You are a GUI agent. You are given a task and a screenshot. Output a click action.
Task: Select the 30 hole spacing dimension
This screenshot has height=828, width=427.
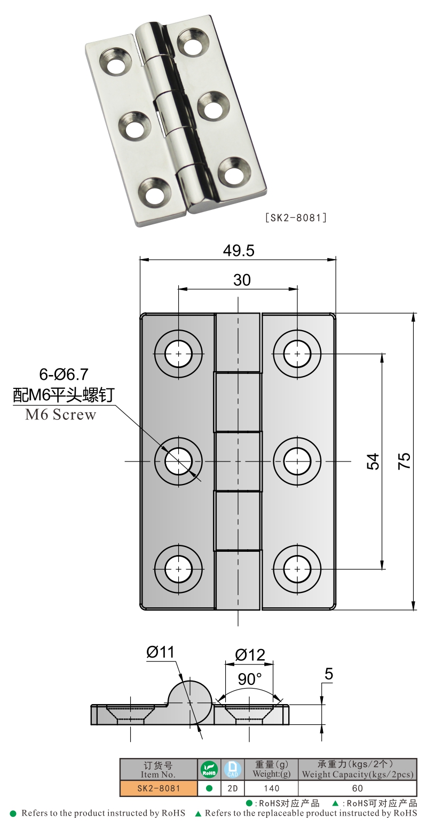[x=242, y=280]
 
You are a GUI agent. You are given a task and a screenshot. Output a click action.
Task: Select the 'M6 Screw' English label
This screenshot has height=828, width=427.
[x=60, y=415]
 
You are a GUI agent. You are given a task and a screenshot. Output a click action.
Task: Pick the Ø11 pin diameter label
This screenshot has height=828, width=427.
[x=160, y=652]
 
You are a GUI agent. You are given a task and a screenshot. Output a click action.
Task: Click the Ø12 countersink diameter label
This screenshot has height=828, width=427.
[x=250, y=654]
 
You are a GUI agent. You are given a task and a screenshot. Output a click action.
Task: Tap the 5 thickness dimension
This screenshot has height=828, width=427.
[x=329, y=675]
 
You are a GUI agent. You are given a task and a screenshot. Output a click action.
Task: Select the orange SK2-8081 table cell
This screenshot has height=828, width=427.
[x=158, y=788]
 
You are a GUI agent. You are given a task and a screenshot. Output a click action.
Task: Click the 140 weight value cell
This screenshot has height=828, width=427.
[x=271, y=788]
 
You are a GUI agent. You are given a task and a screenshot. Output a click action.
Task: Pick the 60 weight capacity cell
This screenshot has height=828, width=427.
[x=357, y=788]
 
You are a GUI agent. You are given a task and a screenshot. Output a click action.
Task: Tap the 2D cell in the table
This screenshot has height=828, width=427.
[x=232, y=788]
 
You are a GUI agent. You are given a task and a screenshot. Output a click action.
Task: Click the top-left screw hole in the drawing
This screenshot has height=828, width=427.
[x=178, y=353]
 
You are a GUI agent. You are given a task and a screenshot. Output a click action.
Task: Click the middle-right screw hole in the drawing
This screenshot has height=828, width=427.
[x=297, y=461]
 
